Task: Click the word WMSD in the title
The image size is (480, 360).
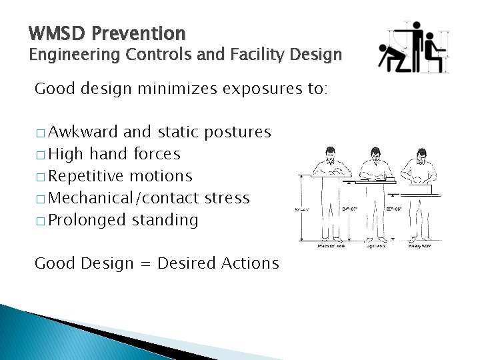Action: click(x=55, y=33)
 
